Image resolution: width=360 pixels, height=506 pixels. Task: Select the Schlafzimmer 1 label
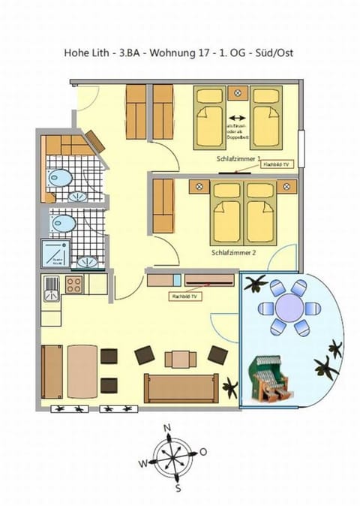click(236, 159)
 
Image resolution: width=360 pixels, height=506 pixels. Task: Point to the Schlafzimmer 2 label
click(234, 253)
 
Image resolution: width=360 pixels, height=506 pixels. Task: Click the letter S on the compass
click(178, 488)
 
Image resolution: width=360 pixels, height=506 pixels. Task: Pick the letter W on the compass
click(143, 463)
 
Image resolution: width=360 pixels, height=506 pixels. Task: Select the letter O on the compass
click(202, 453)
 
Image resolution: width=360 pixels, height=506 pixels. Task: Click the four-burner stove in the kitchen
click(74, 285)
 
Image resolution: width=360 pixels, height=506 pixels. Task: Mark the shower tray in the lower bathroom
click(56, 254)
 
